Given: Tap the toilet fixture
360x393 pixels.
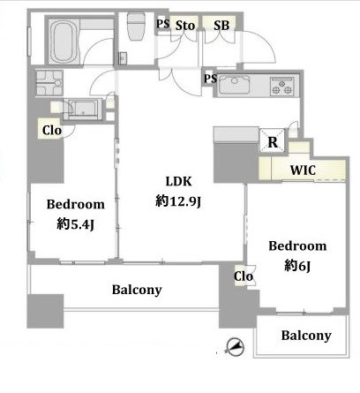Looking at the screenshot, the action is point(136,26).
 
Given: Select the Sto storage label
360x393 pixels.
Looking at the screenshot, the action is point(185,26).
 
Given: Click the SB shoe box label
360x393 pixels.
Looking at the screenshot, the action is point(221,26).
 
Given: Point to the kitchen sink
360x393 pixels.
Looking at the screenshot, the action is point(235,85).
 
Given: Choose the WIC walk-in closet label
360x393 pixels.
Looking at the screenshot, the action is point(303,170).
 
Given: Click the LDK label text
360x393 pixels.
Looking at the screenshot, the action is point(179,181).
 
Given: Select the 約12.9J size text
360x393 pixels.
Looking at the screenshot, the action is point(178,201).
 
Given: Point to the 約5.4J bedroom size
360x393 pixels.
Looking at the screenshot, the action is point(76,224).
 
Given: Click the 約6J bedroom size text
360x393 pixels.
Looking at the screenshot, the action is point(297,266).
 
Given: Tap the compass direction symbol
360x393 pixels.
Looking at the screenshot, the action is point(235,347).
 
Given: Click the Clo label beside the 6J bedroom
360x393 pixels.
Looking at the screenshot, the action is point(244,276).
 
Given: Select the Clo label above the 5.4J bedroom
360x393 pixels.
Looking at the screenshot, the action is point(52,130).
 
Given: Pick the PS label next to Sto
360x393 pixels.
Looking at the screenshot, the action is point(163,24).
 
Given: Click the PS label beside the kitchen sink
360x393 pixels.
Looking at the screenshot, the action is point(210,79).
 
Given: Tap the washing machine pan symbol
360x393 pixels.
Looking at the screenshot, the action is point(49,83).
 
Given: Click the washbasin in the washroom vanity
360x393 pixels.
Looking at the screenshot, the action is point(83,109).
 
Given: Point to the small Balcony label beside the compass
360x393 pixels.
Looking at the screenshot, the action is point(306,336).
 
